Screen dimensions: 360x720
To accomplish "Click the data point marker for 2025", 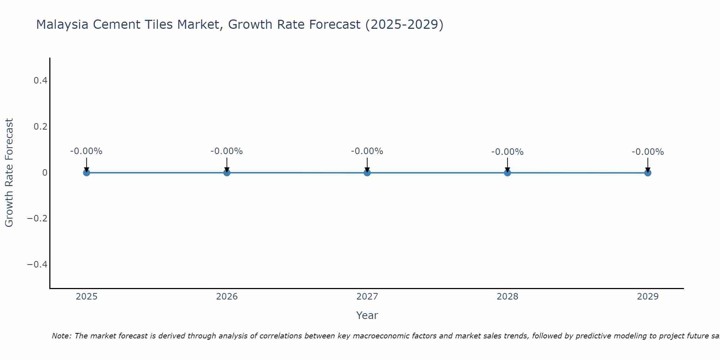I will (x=86, y=172).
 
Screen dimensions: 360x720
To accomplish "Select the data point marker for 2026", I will (x=227, y=172).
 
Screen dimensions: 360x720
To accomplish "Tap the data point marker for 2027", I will (x=367, y=172).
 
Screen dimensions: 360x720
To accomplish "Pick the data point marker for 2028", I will (x=507, y=172).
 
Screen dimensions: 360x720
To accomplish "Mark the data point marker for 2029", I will (x=648, y=172).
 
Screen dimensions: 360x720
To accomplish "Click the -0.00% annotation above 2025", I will (x=86, y=151).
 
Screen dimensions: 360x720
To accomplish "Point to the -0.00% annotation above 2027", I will (x=367, y=151).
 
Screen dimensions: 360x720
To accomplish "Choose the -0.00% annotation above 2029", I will (x=648, y=152).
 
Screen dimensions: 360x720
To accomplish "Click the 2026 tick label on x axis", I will (x=227, y=297).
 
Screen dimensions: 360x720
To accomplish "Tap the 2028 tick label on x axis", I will (x=507, y=297).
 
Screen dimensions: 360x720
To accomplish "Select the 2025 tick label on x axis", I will (x=87, y=297).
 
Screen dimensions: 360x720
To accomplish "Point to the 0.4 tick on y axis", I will (x=40, y=81).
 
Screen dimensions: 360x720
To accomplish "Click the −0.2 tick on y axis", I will (x=37, y=219).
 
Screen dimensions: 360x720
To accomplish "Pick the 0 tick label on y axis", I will (x=45, y=173).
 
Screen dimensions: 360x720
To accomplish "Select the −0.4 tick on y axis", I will (x=37, y=265).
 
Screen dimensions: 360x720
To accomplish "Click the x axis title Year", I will (x=367, y=315).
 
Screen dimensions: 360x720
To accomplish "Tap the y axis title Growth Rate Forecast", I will (x=9, y=173).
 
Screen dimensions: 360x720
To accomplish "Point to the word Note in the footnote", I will (x=61, y=336).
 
